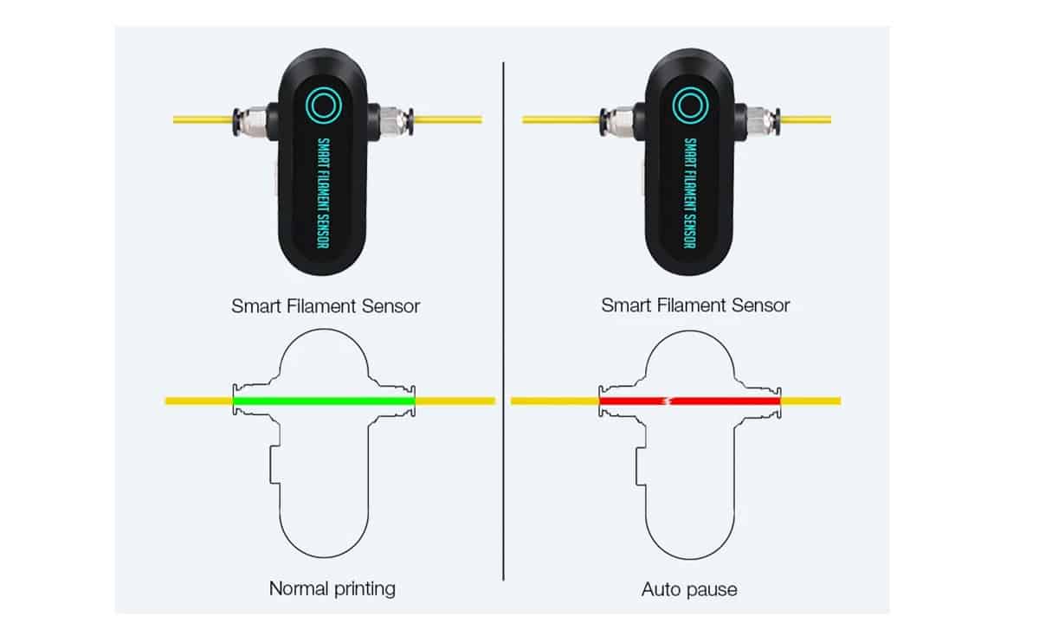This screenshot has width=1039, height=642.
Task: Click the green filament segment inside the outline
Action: (324, 401)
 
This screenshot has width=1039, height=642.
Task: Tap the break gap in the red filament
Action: (668, 401)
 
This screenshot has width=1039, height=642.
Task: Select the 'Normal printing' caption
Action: (332, 588)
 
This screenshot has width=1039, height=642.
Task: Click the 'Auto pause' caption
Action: (689, 589)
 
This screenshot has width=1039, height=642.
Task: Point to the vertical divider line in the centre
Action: (503, 321)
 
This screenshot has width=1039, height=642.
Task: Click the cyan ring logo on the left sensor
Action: (324, 106)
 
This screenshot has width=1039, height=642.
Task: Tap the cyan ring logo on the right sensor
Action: (690, 106)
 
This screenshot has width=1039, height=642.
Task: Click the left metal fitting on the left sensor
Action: (250, 121)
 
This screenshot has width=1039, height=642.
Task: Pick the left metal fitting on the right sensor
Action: (617, 121)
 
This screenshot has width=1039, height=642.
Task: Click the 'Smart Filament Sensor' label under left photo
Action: (326, 306)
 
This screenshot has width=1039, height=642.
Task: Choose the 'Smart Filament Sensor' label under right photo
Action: (695, 305)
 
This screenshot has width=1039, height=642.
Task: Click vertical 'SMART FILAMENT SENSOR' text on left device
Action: (323, 193)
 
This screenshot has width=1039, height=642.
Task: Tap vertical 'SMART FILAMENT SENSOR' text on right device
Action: (690, 193)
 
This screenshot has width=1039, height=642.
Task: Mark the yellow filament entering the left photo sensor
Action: (203, 119)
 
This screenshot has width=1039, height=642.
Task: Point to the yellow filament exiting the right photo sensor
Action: (806, 119)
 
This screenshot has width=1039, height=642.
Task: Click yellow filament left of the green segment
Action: (199, 401)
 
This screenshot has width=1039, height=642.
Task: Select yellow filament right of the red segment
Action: (810, 401)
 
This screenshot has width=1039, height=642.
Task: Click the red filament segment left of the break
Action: (632, 401)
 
